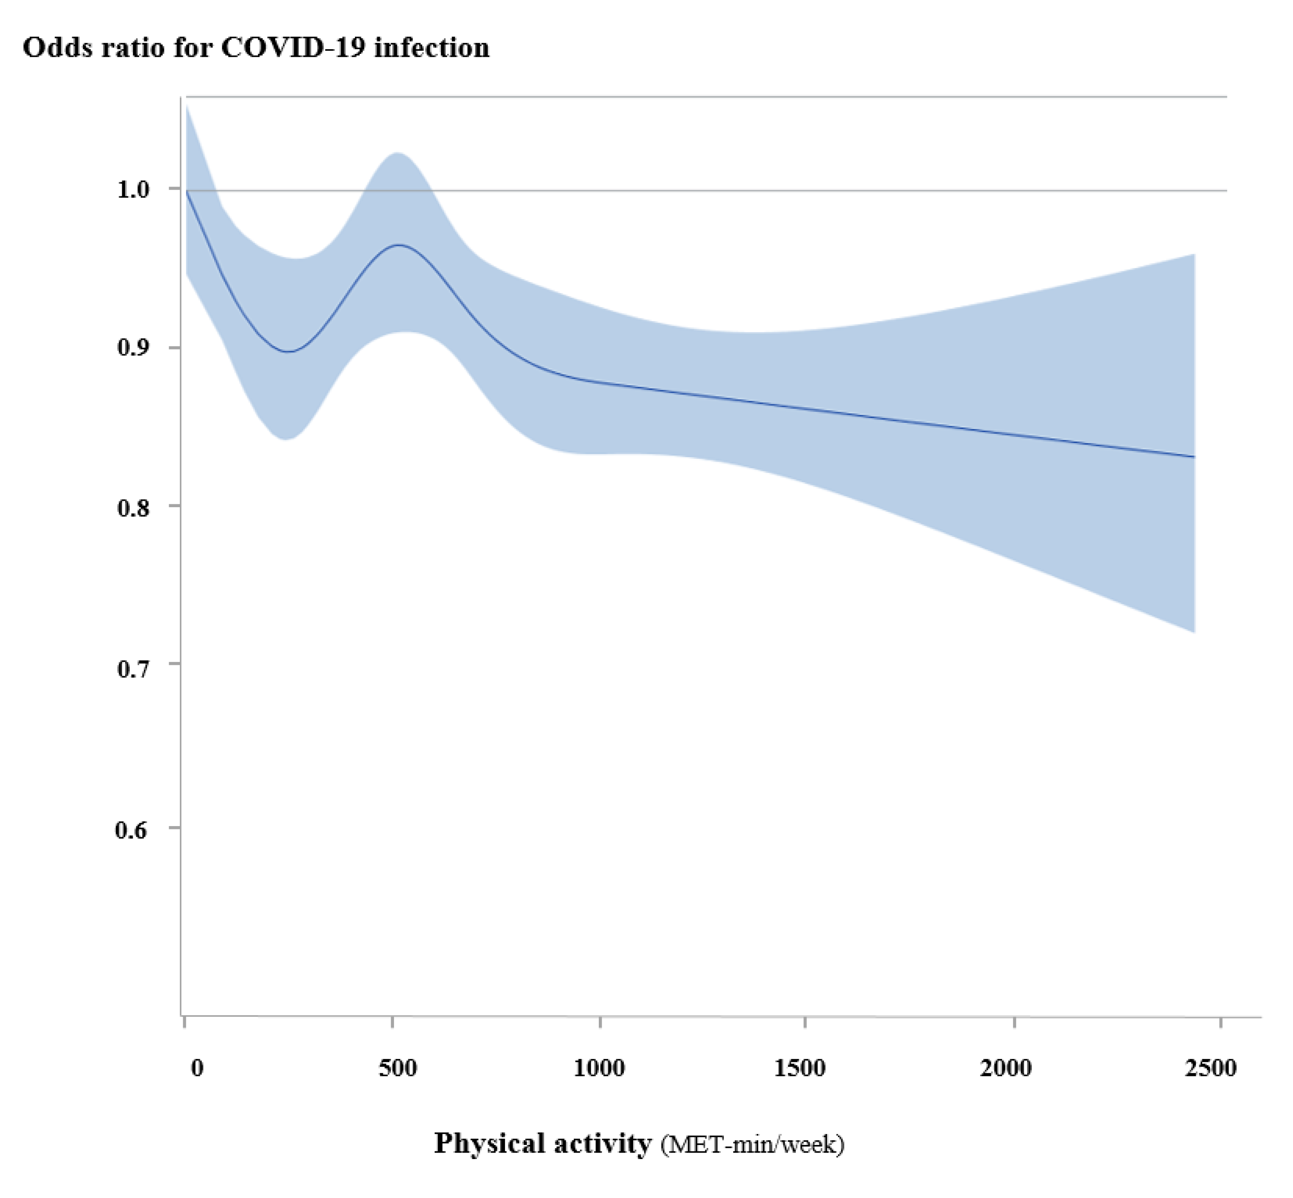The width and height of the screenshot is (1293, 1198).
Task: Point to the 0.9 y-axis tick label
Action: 133,347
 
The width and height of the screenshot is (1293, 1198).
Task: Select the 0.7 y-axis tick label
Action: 133,668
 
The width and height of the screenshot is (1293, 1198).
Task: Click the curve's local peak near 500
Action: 399,245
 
